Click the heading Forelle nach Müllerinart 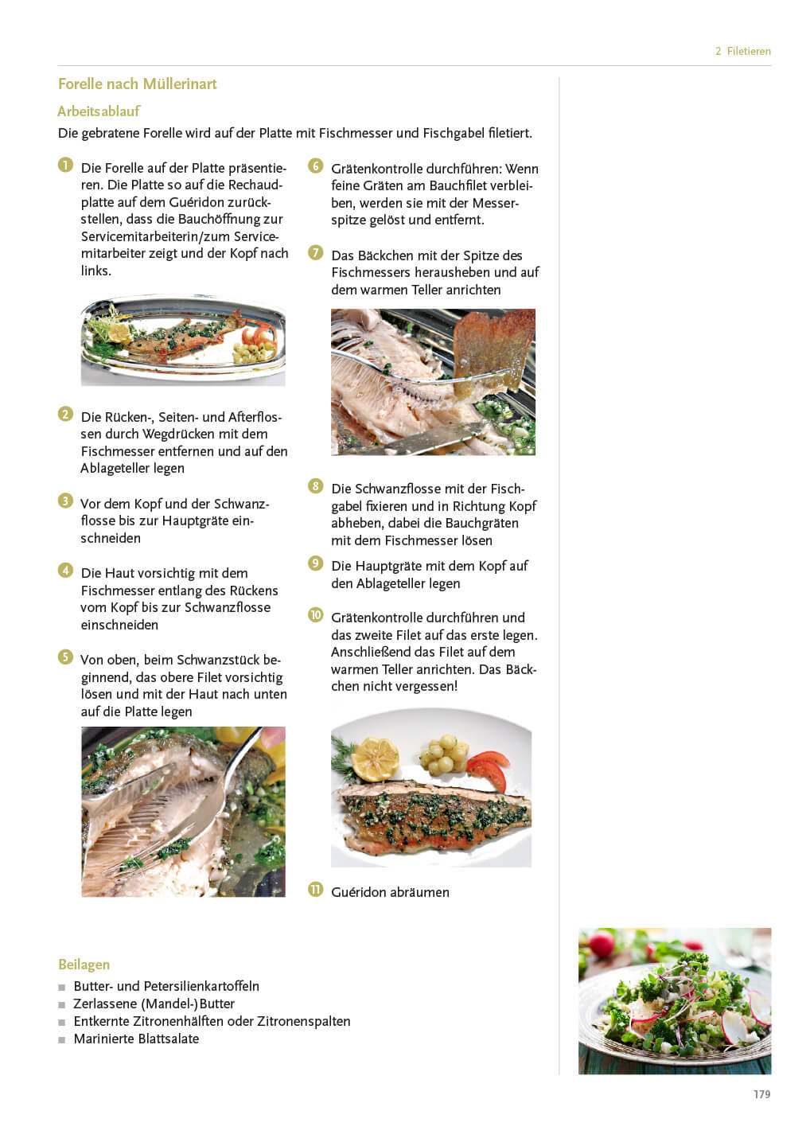[137, 84]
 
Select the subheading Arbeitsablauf [98, 111]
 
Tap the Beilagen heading [84, 965]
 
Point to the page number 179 [761, 1093]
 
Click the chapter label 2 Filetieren [742, 51]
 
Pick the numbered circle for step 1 [65, 166]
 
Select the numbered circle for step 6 [316, 166]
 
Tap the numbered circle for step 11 [316, 890]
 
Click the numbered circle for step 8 [316, 485]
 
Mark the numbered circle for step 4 [65, 570]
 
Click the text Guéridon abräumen [390, 892]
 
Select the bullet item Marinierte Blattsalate [136, 1039]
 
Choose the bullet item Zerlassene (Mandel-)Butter [154, 1004]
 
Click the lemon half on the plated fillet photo [374, 758]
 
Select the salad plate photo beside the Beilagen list [675, 1001]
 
